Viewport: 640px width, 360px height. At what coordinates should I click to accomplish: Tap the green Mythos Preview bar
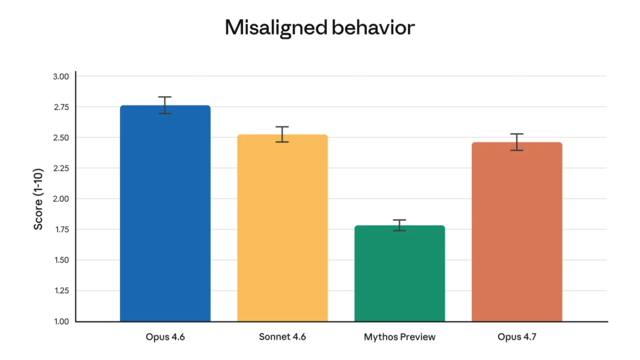pyautogui.click(x=399, y=275)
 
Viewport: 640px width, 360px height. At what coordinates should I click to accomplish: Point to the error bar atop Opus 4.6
pyautogui.click(x=165, y=105)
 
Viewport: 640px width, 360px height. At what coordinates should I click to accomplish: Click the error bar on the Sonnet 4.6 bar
pyautogui.click(x=282, y=134)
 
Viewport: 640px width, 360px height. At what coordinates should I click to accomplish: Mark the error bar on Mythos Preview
pyautogui.click(x=399, y=225)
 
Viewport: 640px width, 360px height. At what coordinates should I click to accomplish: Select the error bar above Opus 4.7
pyautogui.click(x=517, y=142)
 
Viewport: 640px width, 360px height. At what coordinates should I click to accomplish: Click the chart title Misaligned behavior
pyautogui.click(x=319, y=28)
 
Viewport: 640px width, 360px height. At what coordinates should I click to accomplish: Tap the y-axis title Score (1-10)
pyautogui.click(x=39, y=199)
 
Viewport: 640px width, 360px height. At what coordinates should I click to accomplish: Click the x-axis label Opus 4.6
pyautogui.click(x=165, y=337)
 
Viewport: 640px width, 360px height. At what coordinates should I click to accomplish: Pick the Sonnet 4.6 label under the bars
pyautogui.click(x=282, y=337)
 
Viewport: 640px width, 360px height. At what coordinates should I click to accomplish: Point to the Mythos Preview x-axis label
pyautogui.click(x=399, y=337)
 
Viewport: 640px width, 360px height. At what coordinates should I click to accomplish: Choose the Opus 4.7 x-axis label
pyautogui.click(x=517, y=337)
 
